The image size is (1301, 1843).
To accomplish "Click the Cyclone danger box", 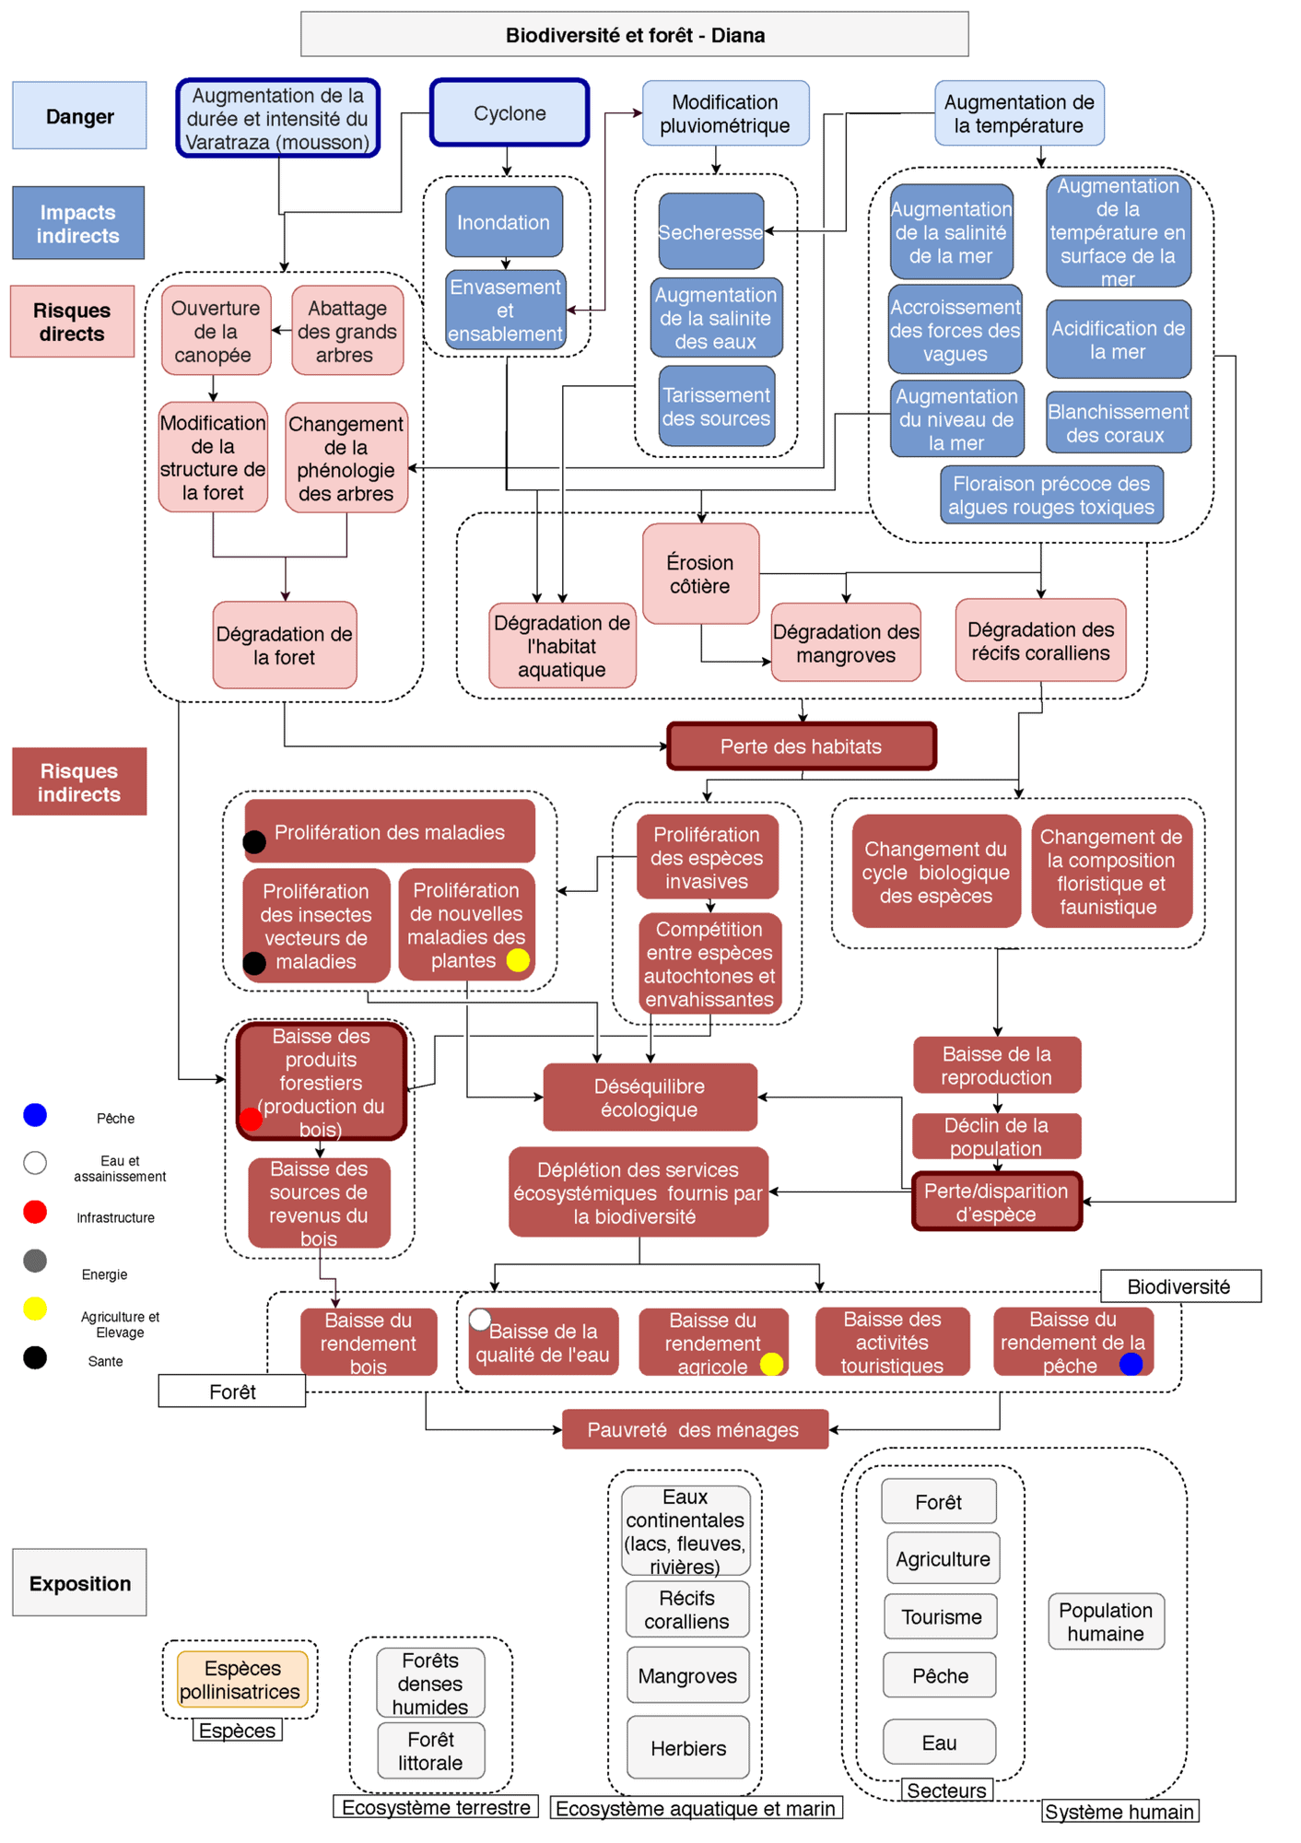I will [509, 113].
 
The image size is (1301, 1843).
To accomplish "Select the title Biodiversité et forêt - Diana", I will [634, 35].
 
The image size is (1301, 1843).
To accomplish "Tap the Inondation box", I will [503, 222].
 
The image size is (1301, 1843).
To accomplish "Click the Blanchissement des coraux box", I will [1118, 423].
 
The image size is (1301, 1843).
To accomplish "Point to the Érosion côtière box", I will [700, 573].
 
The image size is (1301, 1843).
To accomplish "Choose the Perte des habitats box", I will [801, 746].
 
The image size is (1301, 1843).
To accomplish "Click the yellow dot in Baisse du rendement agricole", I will [771, 1364].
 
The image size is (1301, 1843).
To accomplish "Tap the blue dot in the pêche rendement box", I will [1131, 1364].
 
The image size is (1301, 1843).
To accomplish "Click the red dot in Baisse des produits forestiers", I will [251, 1120].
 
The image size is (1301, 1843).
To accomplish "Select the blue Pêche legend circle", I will [35, 1115].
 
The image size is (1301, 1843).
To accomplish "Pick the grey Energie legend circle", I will [35, 1261].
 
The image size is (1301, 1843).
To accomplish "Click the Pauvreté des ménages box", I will [694, 1429].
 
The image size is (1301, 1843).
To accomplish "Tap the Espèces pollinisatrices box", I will [241, 1679].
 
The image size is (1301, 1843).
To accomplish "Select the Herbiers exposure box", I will [687, 1747].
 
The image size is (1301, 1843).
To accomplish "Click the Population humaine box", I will [1105, 1621].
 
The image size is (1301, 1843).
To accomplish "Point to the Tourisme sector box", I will [940, 1616].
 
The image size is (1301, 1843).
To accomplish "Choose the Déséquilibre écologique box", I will [650, 1098].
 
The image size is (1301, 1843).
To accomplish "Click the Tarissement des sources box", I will [716, 406].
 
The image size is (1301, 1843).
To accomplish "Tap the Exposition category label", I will [79, 1583].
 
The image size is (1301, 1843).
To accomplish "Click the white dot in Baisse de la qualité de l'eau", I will [479, 1320].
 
